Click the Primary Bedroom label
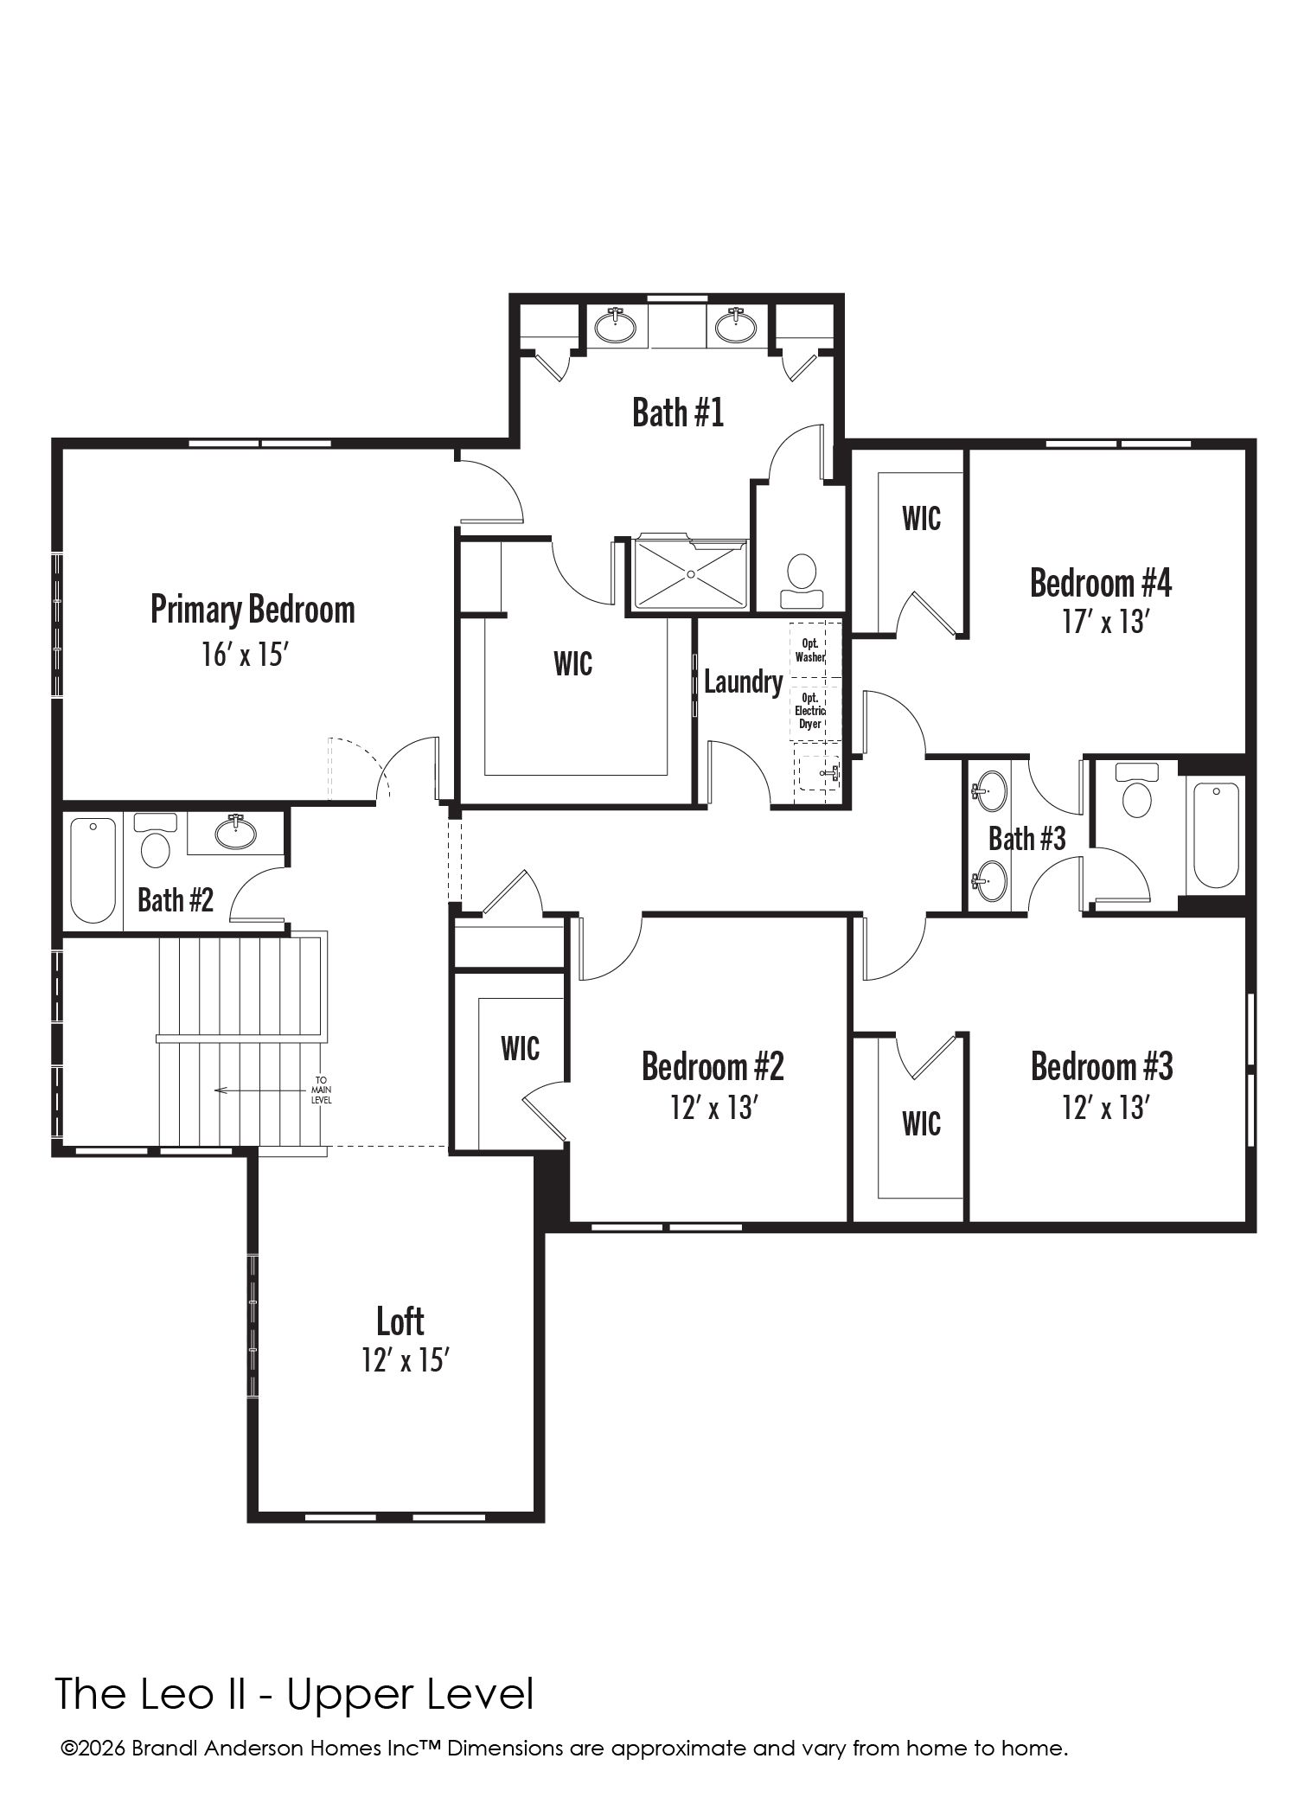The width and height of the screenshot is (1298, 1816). pos(253,610)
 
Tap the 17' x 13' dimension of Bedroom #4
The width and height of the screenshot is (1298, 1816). pos(1104,622)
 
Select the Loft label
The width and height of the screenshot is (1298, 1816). pos(400,1321)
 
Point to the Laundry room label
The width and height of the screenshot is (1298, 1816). pos(743,682)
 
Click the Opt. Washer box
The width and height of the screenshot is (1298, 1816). pos(810,650)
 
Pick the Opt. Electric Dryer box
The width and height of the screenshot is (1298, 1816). pos(810,710)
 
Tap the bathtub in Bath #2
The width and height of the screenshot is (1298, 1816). pos(93,870)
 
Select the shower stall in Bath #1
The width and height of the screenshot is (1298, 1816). pos(690,573)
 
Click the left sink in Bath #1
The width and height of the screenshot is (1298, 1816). pos(616,326)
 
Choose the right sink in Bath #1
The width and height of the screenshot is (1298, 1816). pos(736,326)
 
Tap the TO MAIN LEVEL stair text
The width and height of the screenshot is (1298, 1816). pos(322,1090)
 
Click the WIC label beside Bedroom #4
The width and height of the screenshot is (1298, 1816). pos(922,519)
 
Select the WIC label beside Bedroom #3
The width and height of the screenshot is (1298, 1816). pos(922,1124)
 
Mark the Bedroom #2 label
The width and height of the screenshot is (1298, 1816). pos(713,1066)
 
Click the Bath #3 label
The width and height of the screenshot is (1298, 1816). pos(1027,838)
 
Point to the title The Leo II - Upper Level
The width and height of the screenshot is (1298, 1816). pos(295,1694)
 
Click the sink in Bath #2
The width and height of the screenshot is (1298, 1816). pos(235,832)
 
